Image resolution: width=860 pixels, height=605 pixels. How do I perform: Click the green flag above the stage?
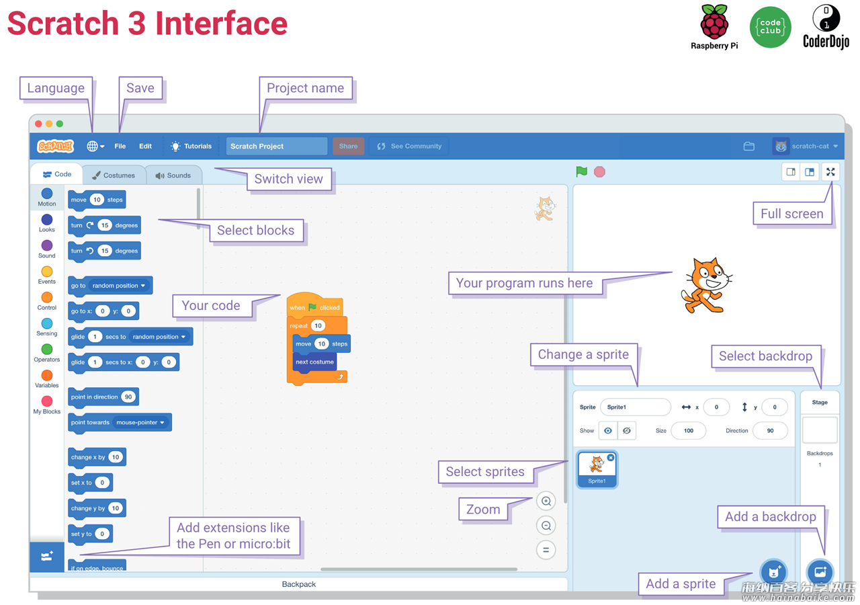click(581, 171)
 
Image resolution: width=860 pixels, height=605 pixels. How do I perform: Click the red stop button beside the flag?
click(599, 171)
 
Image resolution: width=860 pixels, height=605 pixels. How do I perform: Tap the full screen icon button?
click(830, 171)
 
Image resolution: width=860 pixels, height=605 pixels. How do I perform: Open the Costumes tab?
click(114, 175)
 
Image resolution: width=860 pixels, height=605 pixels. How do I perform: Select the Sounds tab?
click(173, 175)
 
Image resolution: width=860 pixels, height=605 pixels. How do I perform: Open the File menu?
click(120, 146)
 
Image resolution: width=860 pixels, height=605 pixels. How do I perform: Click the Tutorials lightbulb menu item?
click(191, 146)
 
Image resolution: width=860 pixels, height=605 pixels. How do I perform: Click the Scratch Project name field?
click(276, 146)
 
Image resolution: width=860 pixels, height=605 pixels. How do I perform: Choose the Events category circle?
click(47, 272)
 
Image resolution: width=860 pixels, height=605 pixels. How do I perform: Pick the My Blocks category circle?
click(47, 401)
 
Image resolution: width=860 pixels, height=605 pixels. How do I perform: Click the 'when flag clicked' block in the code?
click(315, 305)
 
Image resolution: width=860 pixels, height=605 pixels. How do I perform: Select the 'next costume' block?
click(315, 362)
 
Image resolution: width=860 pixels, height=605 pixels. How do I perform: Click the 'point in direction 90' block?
click(103, 397)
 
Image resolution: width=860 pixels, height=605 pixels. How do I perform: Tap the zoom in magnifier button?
click(546, 501)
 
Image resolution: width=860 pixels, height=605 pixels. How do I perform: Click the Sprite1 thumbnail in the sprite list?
click(597, 469)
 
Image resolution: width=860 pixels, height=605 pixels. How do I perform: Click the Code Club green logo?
click(770, 28)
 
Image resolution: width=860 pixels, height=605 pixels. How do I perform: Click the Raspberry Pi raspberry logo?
click(714, 22)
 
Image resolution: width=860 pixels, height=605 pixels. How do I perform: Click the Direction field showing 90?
click(770, 431)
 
